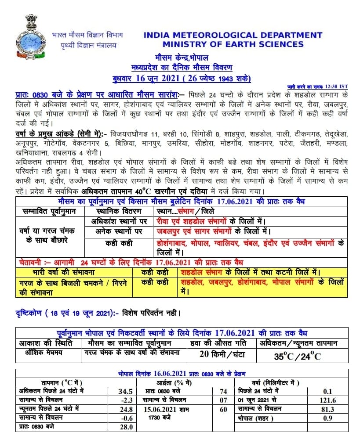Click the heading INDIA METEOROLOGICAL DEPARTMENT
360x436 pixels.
(x=233, y=35)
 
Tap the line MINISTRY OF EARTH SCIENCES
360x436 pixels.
(x=233, y=44)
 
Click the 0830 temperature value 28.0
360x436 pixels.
(x=125, y=426)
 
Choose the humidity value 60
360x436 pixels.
(x=223, y=409)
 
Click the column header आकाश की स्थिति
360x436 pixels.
(x=46, y=343)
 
